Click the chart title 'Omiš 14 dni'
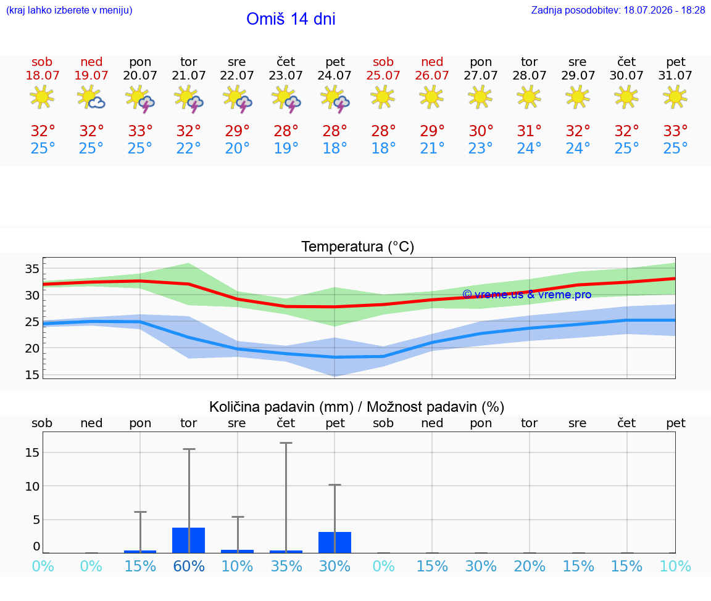pos(291,19)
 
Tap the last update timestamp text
pos(618,10)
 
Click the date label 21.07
pos(189,76)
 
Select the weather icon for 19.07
pos(91,97)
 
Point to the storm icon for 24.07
pos(335,98)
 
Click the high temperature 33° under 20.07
pos(140,131)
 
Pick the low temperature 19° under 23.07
pos(286,148)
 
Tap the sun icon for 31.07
pos(675,97)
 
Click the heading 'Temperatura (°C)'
pos(358,247)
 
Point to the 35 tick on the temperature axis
pos(32,269)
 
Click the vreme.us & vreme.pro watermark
pos(527,295)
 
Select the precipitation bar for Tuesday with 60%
pos(189,541)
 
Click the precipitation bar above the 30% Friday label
pos(335,542)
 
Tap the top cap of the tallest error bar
pos(286,443)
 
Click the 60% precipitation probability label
pos(189,566)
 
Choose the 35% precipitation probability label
pos(286,566)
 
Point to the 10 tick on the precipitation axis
pos(32,486)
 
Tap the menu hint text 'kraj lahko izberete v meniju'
pos(69,10)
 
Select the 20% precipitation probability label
pos(530,566)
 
